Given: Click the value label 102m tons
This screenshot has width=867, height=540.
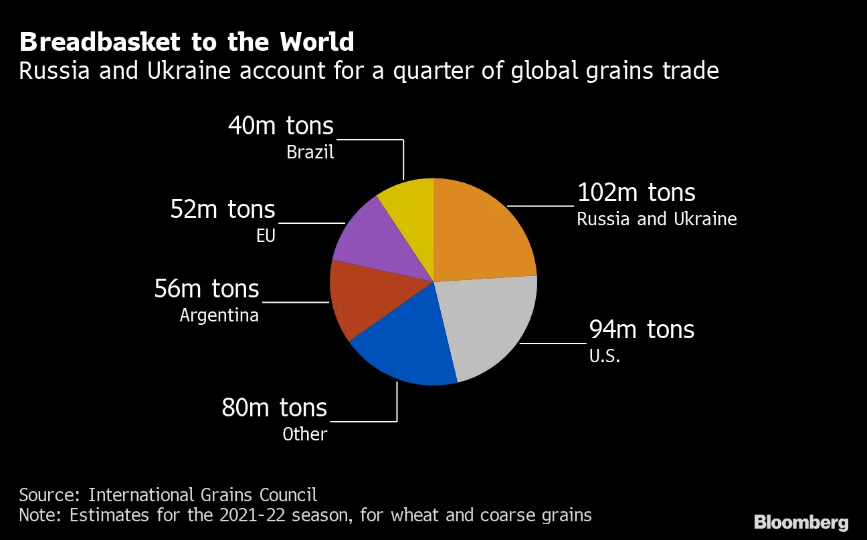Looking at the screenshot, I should point(636,193).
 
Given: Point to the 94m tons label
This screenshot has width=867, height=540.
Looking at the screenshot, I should point(641,329).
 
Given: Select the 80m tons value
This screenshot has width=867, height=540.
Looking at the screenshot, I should point(274,408).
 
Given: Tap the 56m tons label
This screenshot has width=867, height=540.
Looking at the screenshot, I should point(207,289).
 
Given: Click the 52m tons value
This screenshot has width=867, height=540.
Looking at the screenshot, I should point(223,209).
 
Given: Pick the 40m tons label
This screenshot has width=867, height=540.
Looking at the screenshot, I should point(280,126).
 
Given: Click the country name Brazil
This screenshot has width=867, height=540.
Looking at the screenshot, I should point(310,152).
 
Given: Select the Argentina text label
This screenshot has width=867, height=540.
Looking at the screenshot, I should point(219,315).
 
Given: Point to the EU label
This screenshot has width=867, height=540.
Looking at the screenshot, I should point(266,236).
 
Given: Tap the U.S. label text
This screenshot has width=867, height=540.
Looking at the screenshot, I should point(605,356).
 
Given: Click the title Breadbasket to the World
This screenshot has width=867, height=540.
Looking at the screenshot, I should point(187,42).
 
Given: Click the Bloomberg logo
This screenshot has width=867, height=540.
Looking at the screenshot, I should point(801,522).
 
